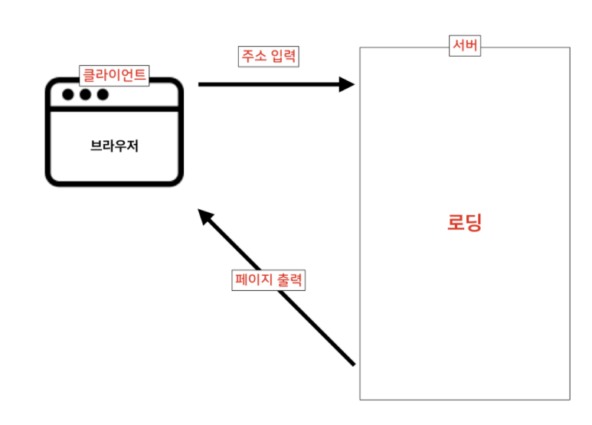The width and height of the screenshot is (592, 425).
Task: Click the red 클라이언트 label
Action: tap(113, 75)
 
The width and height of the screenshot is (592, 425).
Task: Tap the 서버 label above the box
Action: tap(465, 47)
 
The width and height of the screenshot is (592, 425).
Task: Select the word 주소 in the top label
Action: tap(254, 57)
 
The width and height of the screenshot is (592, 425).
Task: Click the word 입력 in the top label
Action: tap(283, 57)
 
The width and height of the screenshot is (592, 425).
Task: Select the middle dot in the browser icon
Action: tap(85, 95)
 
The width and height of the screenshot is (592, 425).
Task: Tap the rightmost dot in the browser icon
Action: tap(103, 95)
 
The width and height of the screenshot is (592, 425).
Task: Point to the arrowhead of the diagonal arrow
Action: tap(204, 216)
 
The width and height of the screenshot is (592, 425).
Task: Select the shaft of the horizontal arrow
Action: tap(268, 84)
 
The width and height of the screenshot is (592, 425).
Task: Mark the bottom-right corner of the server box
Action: tap(570, 399)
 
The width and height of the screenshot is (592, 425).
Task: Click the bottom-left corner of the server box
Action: tap(360, 399)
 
